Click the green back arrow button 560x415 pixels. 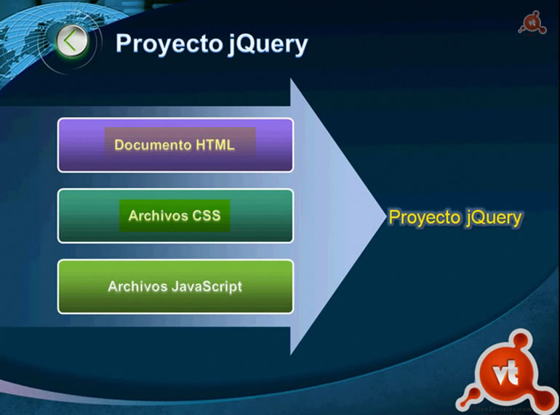click(x=71, y=41)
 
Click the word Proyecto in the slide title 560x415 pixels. click(x=167, y=44)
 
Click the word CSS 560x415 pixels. click(x=206, y=216)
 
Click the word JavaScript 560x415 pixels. click(x=207, y=286)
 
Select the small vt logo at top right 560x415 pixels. click(x=531, y=22)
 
